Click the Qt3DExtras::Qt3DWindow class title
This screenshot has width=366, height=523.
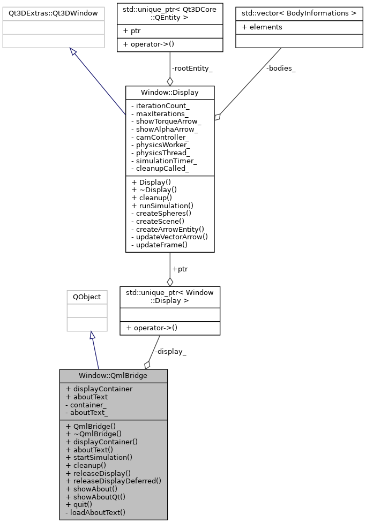53,12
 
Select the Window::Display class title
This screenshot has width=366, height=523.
169,93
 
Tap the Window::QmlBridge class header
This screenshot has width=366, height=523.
113,375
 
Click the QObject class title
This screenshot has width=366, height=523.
87,297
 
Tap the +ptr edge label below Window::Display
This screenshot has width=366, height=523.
179,269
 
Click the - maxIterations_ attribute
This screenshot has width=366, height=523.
160,114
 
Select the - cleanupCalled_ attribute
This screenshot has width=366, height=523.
160,169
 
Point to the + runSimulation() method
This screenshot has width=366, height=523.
162,206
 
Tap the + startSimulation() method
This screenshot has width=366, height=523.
99,457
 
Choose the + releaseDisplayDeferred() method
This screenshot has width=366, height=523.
113,481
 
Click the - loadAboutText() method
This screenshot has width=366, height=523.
95,512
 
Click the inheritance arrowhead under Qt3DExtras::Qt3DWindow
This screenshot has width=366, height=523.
73,51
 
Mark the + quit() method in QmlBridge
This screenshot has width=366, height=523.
79,504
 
